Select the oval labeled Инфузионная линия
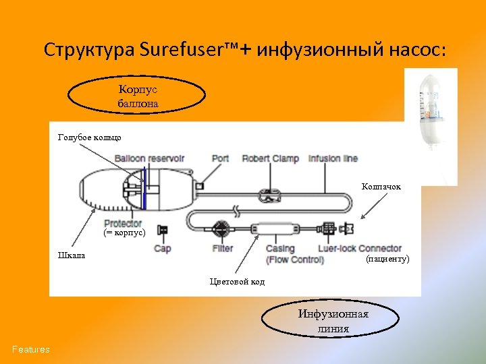tap(324, 321)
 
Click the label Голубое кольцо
tap(90, 138)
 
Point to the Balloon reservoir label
tap(149, 159)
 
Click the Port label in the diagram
tap(220, 159)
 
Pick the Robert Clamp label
tap(270, 159)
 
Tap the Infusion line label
tap(333, 159)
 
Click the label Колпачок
tap(381, 186)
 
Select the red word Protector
tap(123, 223)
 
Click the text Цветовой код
tap(238, 281)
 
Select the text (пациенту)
tap(387, 259)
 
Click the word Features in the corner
tap(30, 349)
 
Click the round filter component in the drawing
tap(220, 229)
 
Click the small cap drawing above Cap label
tap(162, 231)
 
